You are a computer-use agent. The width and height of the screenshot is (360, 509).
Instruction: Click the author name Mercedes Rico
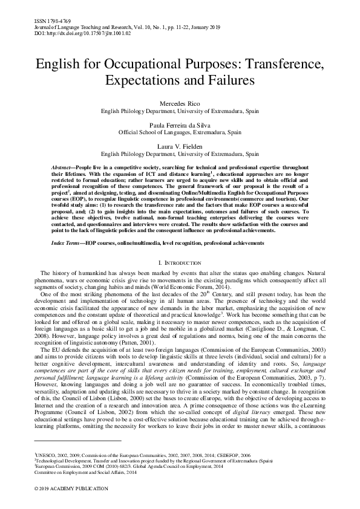180,105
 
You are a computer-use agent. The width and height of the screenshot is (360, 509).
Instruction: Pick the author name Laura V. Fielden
180,146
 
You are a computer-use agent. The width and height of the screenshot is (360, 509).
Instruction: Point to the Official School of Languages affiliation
180,132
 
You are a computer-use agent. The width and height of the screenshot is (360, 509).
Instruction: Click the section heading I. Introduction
180,264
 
